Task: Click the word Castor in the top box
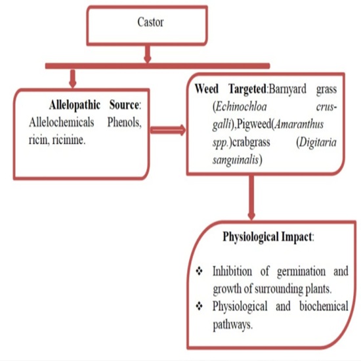[150, 22]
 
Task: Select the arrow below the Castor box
[147, 54]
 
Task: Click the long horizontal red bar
[158, 66]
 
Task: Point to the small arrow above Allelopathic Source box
[73, 79]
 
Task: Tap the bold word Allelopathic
[75, 105]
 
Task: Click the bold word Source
[124, 105]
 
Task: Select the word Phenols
[124, 123]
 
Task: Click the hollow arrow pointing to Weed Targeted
[168, 131]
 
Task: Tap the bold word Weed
[207, 89]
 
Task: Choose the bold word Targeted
[247, 89]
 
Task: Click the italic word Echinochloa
[242, 107]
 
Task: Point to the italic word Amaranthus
[299, 125]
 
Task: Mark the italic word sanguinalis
[236, 160]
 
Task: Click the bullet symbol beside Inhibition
[199, 271]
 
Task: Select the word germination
[301, 272]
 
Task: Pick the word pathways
[232, 325]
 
